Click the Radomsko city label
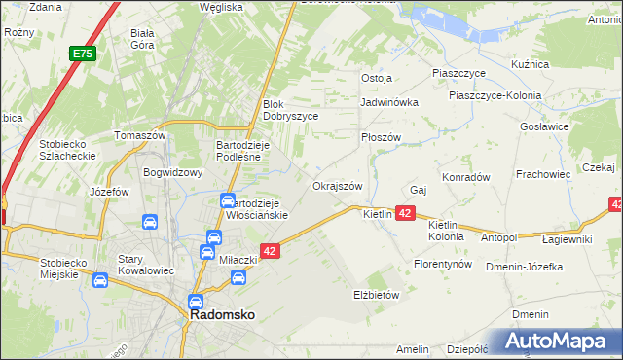click(x=222, y=316)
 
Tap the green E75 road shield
click(x=82, y=54)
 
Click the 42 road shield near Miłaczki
click(x=272, y=251)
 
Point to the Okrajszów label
click(x=337, y=186)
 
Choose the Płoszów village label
click(x=381, y=138)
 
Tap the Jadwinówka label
click(x=388, y=101)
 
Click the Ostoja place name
click(x=376, y=78)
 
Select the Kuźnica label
click(x=530, y=64)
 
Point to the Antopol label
click(x=498, y=237)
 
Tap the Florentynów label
click(x=443, y=264)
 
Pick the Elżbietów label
click(x=376, y=294)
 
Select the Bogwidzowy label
click(x=171, y=173)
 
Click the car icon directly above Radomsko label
click(x=196, y=302)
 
